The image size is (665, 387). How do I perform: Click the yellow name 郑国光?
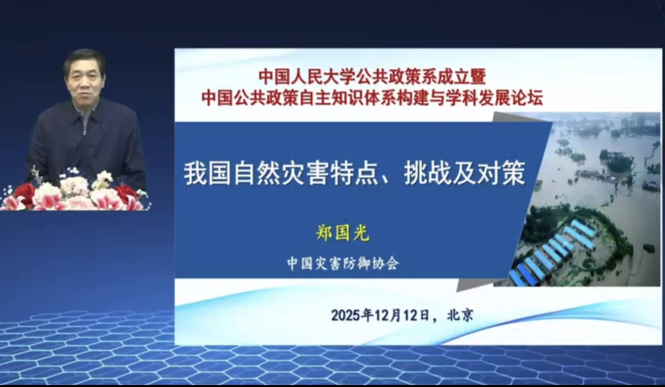pos(343,232)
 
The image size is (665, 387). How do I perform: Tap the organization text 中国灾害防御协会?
pos(343,264)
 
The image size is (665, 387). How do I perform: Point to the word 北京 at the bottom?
pos(460,315)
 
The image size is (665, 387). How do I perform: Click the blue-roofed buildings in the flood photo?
pos(552,253)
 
